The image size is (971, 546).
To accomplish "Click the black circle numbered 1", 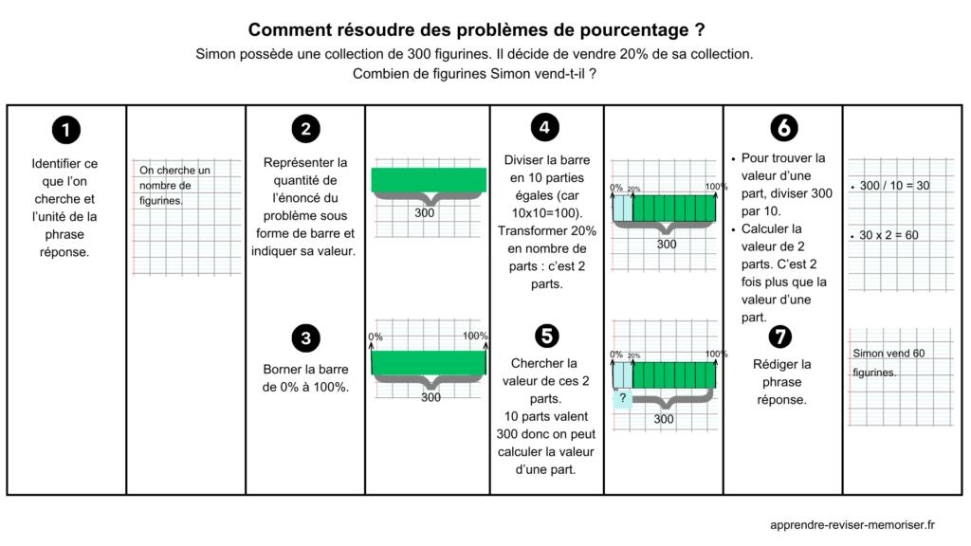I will coord(65,130).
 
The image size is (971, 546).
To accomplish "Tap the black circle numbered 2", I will coord(305,130).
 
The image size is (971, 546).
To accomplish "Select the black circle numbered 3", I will coord(305,337).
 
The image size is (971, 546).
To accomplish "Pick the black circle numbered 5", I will coord(544,336).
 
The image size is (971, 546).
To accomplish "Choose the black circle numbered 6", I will coord(783,128).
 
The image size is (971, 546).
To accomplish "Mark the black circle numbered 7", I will coord(783,337).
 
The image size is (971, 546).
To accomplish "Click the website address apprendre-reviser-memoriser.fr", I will coord(852,523).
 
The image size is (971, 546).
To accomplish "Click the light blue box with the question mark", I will coord(623,398).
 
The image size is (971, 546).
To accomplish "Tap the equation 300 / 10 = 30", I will coord(894,186).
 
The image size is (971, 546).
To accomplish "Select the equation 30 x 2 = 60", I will coord(889,235).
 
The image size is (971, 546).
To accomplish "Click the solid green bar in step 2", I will coord(429,179).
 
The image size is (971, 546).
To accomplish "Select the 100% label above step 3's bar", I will coord(475,337).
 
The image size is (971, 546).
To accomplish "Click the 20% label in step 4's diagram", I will coord(632,189).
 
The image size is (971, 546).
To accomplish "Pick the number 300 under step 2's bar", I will coord(426,213).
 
